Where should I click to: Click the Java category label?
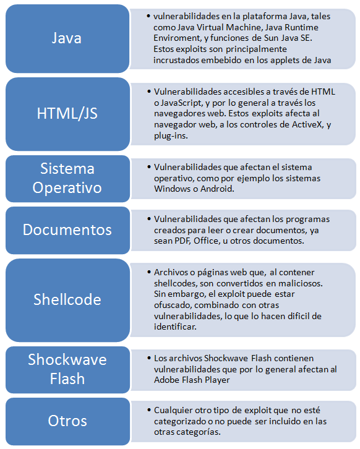pyautogui.click(x=67, y=38)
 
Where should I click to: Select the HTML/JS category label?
pyautogui.click(x=67, y=113)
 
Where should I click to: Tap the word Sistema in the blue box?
pyautogui.click(x=67, y=168)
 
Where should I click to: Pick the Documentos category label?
pyautogui.click(x=67, y=229)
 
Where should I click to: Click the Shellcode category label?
pyautogui.click(x=67, y=299)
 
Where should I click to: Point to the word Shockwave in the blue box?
pyautogui.click(x=67, y=359)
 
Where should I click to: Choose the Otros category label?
pyautogui.click(x=67, y=421)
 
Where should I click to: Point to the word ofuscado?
pyautogui.click(x=173, y=305)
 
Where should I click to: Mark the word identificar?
pyautogui.click(x=175, y=327)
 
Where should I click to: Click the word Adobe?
pyautogui.click(x=165, y=380)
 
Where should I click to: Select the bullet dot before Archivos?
pyautogui.click(x=149, y=272)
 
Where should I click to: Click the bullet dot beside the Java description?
pyautogui.click(x=148, y=15)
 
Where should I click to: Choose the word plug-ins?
pyautogui.click(x=171, y=135)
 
